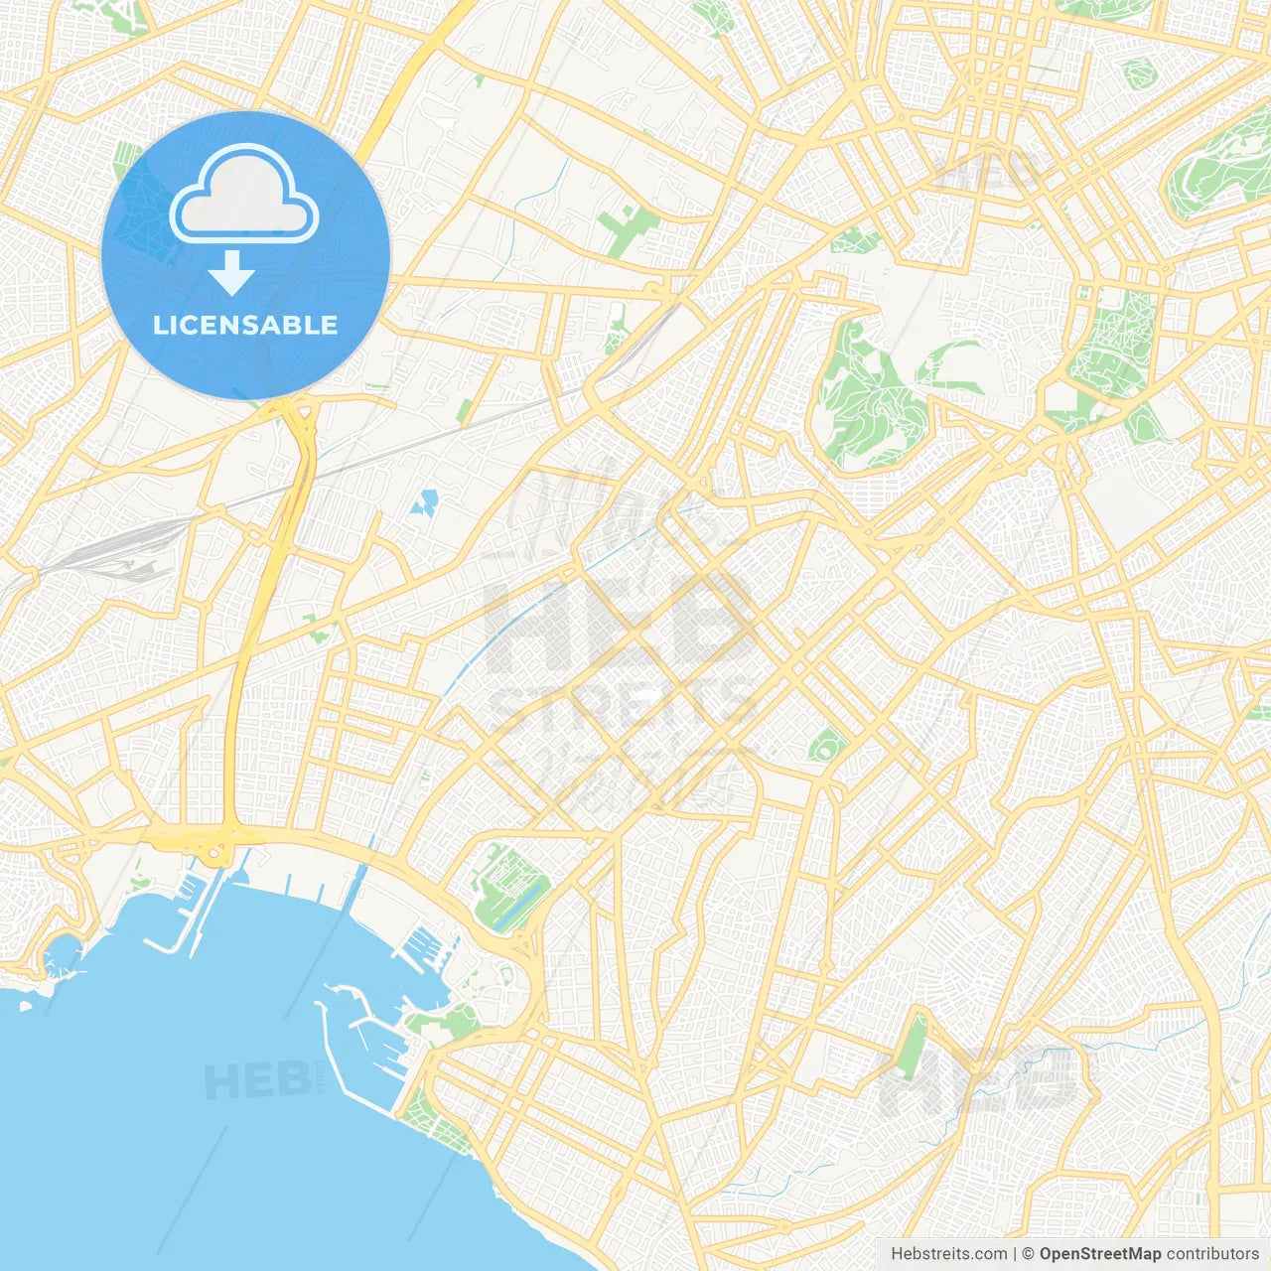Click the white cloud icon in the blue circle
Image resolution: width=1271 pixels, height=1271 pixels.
244,197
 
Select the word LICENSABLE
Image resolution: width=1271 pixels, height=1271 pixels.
245,326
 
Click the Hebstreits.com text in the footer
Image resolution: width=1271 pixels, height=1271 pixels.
948,1254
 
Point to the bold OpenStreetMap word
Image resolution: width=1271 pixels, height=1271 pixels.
1099,1254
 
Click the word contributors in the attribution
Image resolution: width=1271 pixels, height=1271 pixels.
1212,1254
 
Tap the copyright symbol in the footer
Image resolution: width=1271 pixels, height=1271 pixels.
1028,1254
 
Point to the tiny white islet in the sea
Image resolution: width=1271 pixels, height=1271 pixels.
25,1006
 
